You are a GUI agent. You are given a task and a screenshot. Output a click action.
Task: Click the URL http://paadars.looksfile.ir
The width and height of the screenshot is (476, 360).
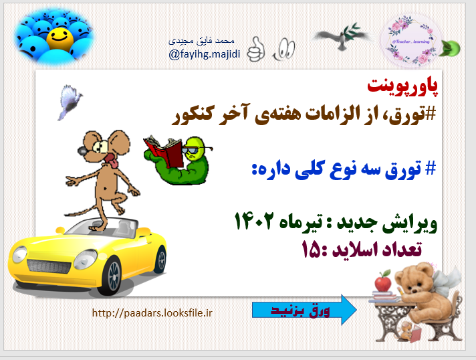pyautogui.click(x=152, y=312)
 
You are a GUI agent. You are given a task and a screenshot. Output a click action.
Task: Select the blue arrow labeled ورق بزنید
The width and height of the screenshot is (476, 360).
pyautogui.click(x=304, y=310)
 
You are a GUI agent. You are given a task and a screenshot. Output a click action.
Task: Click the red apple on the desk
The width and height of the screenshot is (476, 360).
pyautogui.click(x=382, y=282)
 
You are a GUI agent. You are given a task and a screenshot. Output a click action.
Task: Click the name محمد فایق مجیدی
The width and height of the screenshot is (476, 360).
pyautogui.click(x=205, y=41)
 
